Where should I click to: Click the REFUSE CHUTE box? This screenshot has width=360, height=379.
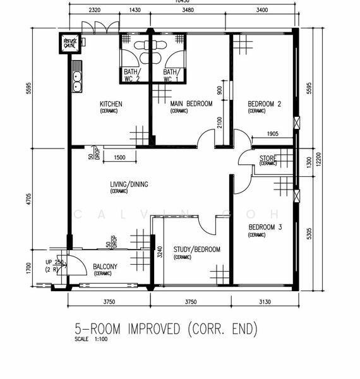click(69, 44)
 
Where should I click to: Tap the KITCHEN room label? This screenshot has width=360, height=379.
click(111, 104)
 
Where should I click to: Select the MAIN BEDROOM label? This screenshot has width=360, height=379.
click(191, 104)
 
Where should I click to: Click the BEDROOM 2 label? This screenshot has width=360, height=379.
click(264, 104)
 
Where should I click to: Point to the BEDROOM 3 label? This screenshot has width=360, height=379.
click(265, 227)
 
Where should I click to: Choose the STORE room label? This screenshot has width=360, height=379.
click(268, 158)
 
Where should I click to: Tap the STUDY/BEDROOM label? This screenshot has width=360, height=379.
click(197, 250)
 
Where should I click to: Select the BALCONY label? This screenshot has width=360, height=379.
click(105, 267)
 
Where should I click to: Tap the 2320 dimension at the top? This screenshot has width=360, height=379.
click(95, 11)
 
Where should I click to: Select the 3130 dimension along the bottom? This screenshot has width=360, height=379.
click(265, 302)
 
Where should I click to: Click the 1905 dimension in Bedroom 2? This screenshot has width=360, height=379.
click(273, 133)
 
